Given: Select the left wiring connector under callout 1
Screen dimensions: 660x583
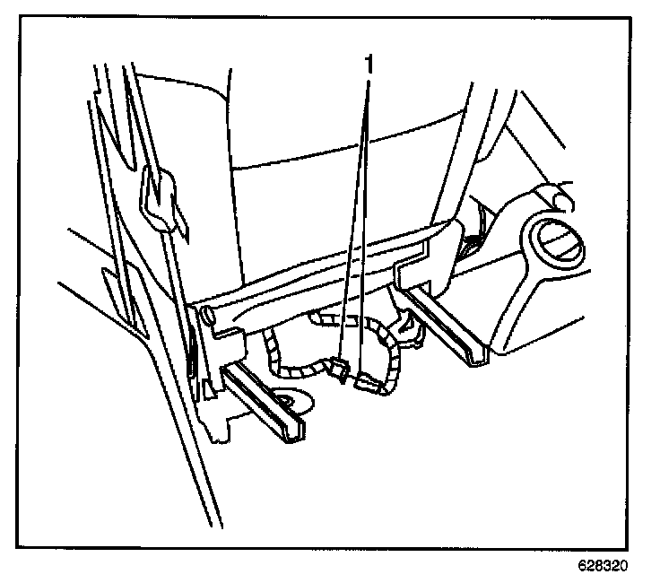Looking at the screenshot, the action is click(x=337, y=367).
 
